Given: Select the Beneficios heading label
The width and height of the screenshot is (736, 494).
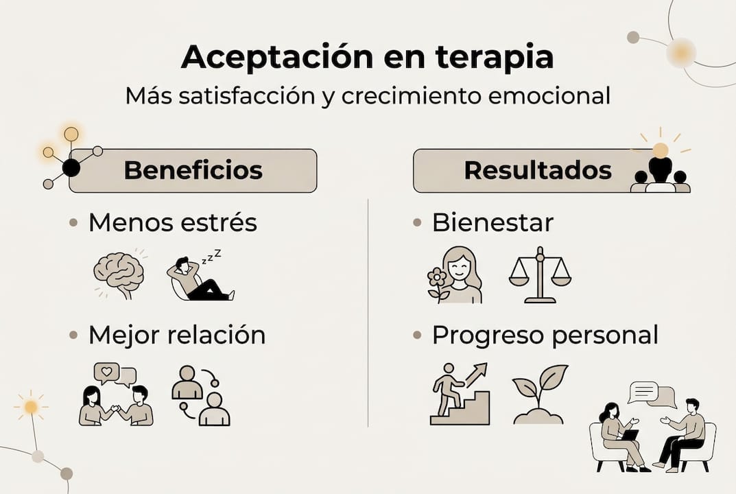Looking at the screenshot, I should pyautogui.click(x=193, y=170).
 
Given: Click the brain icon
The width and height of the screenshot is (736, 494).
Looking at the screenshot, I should pyautogui.click(x=119, y=274).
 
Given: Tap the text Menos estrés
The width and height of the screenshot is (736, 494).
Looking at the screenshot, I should pyautogui.click(x=172, y=223).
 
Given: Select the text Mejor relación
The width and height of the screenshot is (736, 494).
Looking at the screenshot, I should pyautogui.click(x=176, y=336).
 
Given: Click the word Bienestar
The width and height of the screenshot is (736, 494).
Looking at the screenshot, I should pyautogui.click(x=492, y=223).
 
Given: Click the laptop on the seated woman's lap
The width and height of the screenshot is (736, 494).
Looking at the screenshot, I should pyautogui.click(x=630, y=435).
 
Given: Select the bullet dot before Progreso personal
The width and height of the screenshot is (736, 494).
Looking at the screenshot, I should pyautogui.click(x=417, y=336).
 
